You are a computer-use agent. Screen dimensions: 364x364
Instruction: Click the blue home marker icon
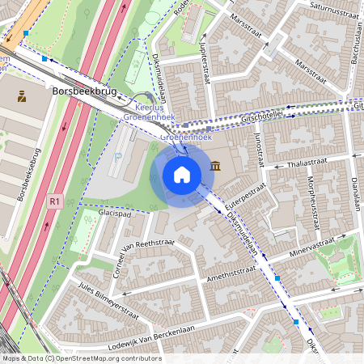coord(182,174)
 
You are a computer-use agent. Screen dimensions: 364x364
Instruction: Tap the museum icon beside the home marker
coord(215,166)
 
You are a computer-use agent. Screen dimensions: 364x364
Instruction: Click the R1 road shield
coord(54,201)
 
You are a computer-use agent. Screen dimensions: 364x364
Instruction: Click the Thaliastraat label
coord(305,163)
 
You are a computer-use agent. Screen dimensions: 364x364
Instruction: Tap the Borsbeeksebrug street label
coord(26,175)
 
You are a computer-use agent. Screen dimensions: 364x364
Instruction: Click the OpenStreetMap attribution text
coord(81,358)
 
